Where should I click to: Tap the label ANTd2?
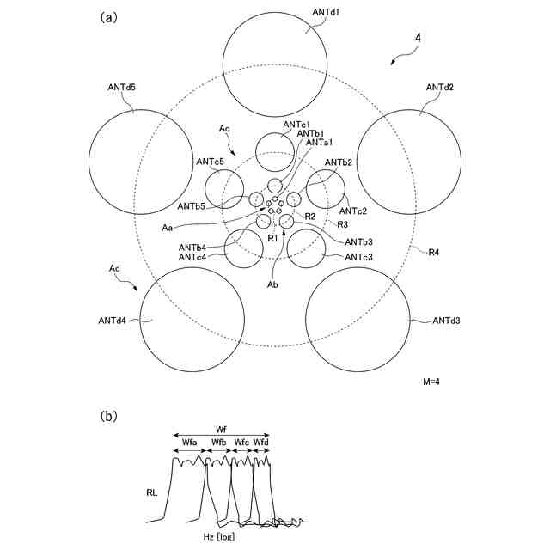tap(440, 87)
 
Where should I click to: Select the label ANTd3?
tap(446, 321)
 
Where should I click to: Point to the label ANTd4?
tap(113, 321)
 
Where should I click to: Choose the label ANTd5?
tap(122, 87)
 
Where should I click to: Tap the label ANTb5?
tap(192, 206)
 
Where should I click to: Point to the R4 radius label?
tap(438, 253)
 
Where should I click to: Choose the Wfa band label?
tap(190, 442)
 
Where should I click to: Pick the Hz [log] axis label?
tap(216, 537)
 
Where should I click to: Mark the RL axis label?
tap(152, 494)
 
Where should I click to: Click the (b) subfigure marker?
tap(109, 417)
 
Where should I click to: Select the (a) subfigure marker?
tap(109, 16)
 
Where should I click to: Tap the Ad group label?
tap(114, 269)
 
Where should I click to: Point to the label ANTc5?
tap(210, 162)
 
